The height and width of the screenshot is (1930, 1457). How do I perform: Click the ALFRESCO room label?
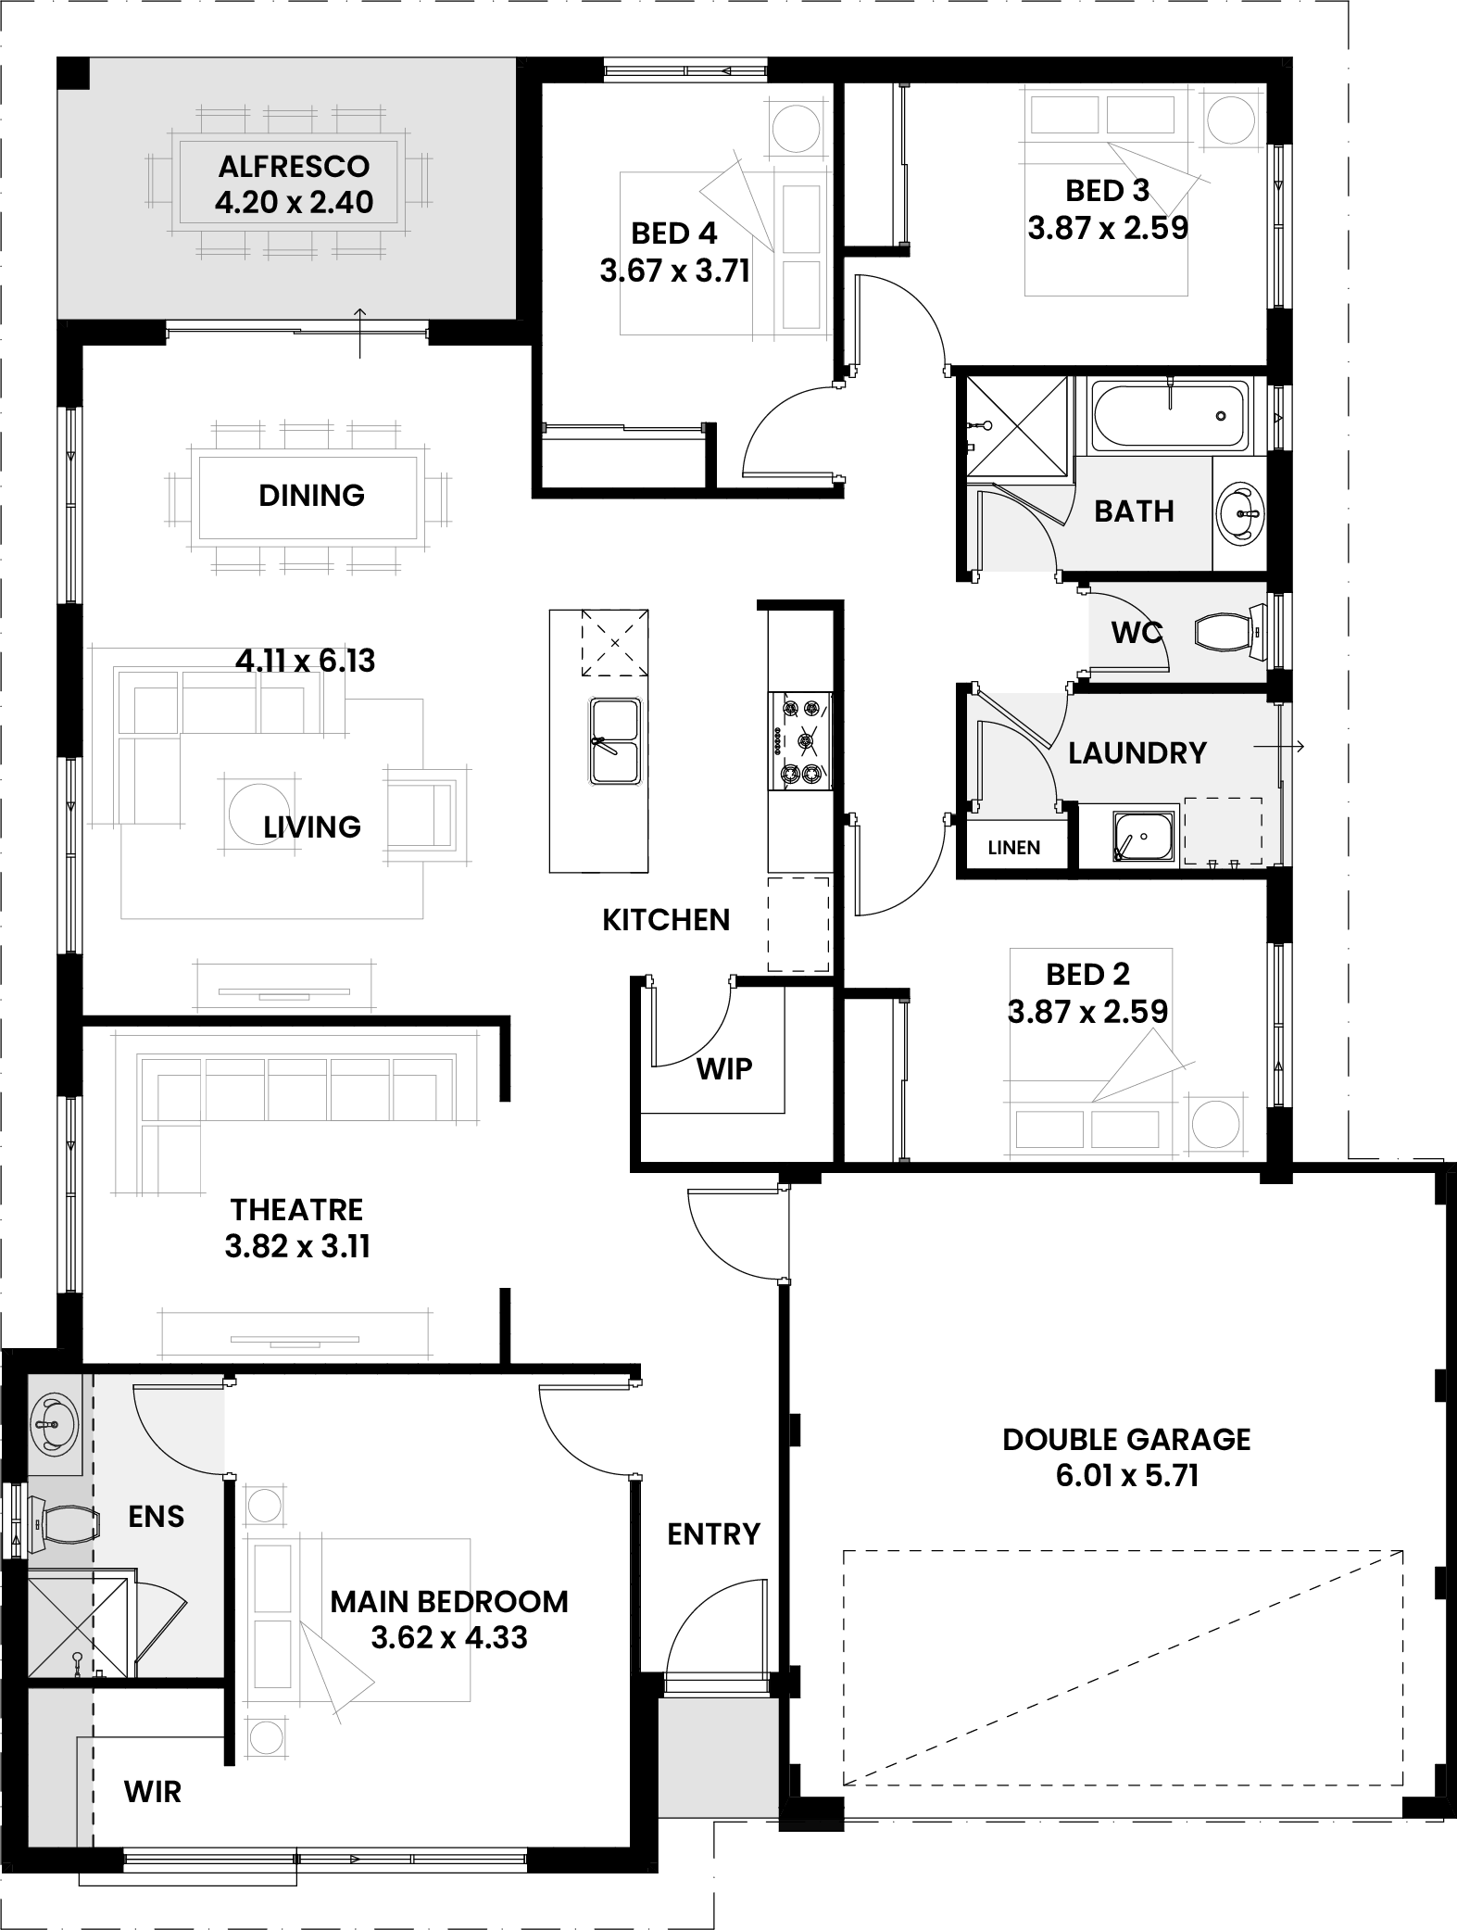tap(294, 167)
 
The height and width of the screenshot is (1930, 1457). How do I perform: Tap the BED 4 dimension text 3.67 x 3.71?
tap(674, 271)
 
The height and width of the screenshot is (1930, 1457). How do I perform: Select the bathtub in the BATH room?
tap(1168, 416)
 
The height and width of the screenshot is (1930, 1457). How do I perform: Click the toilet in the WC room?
tap(1229, 632)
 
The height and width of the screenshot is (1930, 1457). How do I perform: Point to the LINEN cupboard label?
tap(1013, 847)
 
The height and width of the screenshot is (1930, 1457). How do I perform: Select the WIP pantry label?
tap(723, 1068)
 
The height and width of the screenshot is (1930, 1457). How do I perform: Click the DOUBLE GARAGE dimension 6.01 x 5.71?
tap(1126, 1474)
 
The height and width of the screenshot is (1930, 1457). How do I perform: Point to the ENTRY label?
tap(713, 1533)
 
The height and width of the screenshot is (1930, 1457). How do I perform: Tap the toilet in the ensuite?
tap(63, 1524)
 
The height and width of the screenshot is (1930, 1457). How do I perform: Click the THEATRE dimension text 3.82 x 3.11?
tap(297, 1246)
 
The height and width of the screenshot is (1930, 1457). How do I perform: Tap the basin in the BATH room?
tap(1239, 511)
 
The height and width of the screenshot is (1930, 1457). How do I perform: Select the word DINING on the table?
tap(311, 495)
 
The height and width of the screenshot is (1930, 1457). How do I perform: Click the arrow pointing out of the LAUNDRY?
tap(1278, 746)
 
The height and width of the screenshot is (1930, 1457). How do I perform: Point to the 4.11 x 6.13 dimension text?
tap(305, 661)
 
